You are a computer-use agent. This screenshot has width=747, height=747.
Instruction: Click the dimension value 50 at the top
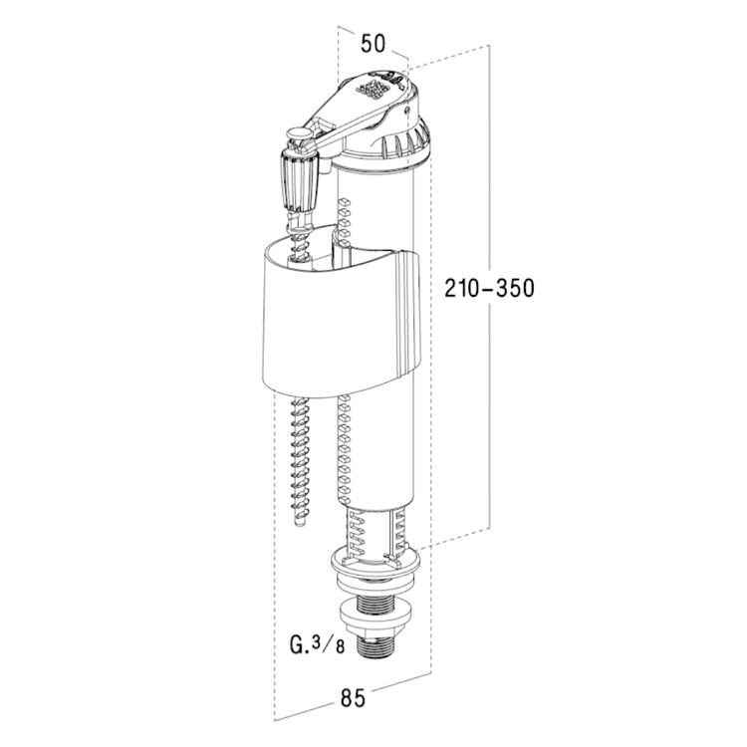(x=373, y=43)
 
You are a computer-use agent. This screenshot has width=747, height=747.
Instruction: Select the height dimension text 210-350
(x=492, y=289)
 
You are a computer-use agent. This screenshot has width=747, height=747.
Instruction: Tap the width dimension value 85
(x=352, y=698)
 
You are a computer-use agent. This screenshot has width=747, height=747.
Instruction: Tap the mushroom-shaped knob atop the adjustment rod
(x=298, y=133)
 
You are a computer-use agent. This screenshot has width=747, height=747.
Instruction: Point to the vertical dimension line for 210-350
(x=490, y=398)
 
